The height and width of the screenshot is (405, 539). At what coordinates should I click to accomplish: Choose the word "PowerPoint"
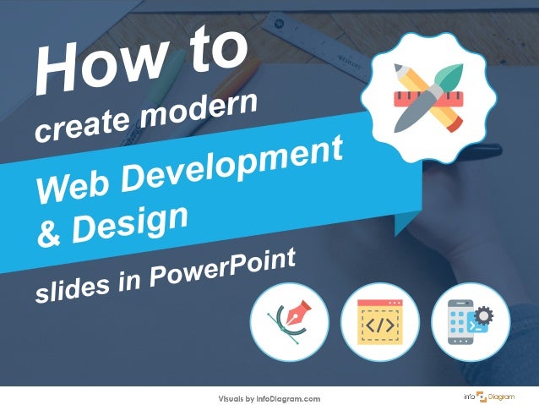[x=229, y=263]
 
